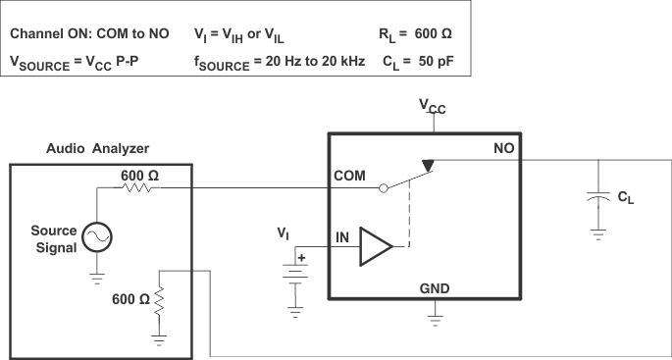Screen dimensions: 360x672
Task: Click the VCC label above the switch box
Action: click(433, 109)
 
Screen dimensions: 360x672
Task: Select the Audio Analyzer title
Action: click(98, 149)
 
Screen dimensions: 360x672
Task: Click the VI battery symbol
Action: click(294, 270)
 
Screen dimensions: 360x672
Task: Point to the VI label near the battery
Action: click(283, 234)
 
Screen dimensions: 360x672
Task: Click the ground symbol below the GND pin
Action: click(434, 320)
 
